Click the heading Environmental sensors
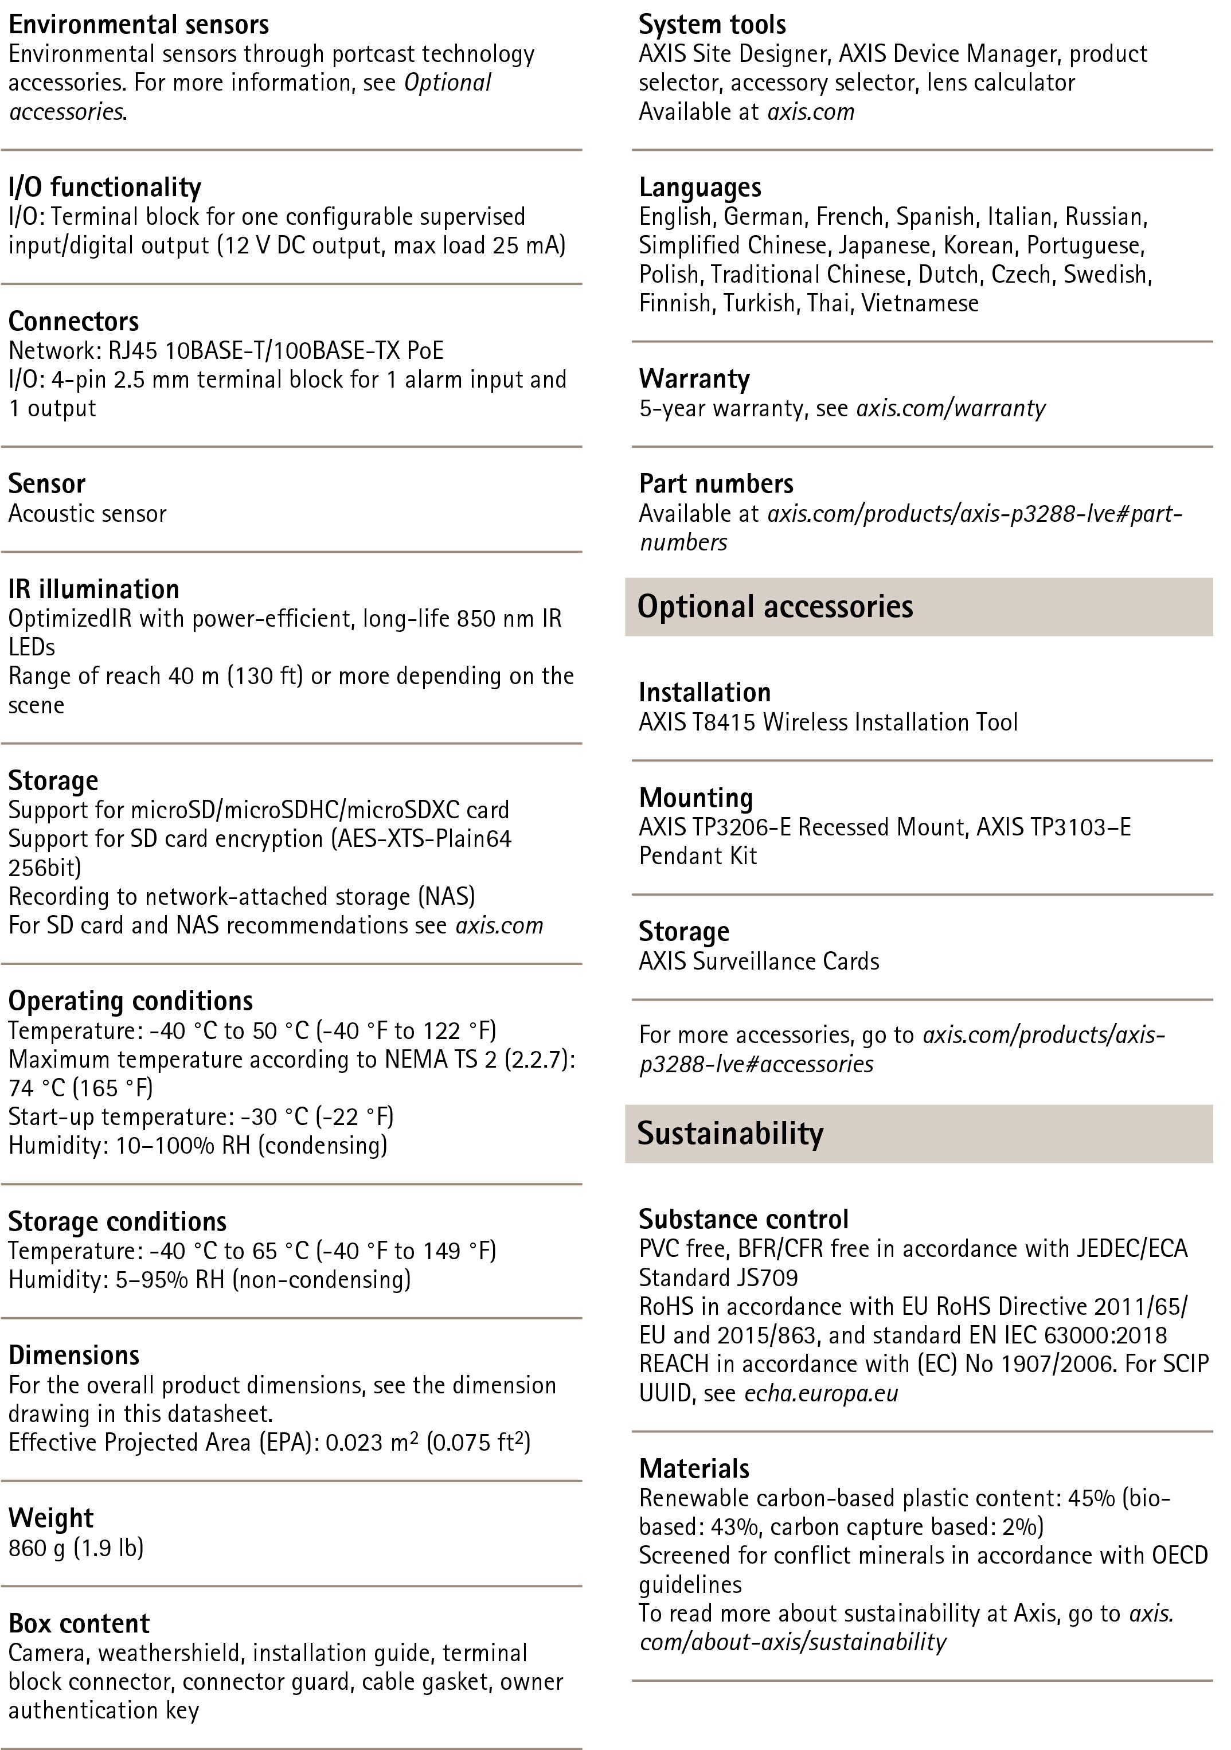tap(138, 25)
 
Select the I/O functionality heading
tap(104, 187)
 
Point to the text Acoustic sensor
tap(87, 514)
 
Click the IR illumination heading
tap(94, 589)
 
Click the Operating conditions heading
tap(130, 1001)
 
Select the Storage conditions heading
tap(118, 1221)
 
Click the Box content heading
tap(79, 1623)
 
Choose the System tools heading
tap(712, 25)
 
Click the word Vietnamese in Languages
tap(920, 303)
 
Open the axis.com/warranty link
tap(951, 408)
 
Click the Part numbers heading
tap(716, 484)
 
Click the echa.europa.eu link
tap(821, 1393)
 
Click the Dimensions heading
tap(74, 1355)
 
